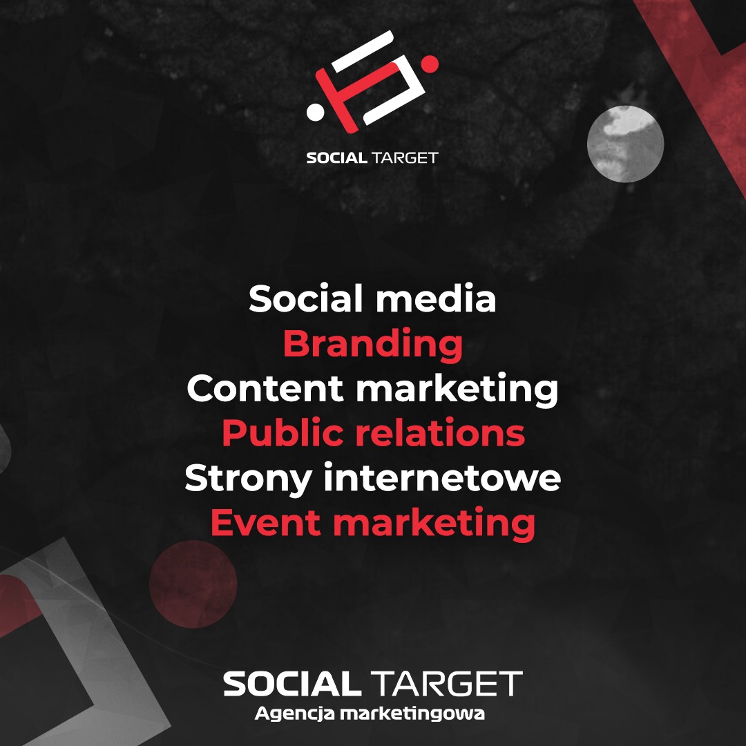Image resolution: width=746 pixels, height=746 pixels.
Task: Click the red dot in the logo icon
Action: pos(430,64)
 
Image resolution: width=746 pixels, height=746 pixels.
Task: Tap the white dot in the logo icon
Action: pos(316,111)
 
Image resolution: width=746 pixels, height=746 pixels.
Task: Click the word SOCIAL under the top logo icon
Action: pos(336,157)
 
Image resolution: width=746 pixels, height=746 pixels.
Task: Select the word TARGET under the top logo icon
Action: pos(405,157)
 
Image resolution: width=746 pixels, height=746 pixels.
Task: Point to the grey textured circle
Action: pos(625,144)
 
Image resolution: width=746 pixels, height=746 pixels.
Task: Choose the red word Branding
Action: pos(372,344)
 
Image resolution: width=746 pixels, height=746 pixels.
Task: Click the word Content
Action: pos(265,389)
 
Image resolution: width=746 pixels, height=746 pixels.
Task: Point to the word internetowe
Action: pos(442,479)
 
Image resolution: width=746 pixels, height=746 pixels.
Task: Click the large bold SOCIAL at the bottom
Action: pos(291,684)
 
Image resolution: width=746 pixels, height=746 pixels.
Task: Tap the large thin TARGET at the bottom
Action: pos(447,684)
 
